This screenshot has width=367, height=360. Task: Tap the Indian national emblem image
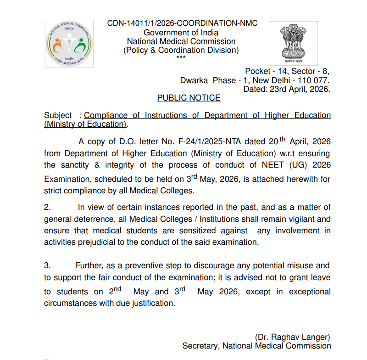pyautogui.click(x=292, y=42)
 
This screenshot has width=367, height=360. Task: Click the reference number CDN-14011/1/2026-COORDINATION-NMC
pyautogui.click(x=182, y=23)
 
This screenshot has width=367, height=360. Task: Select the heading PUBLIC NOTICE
pyautogui.click(x=189, y=98)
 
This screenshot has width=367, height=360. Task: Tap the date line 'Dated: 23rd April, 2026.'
pyautogui.click(x=286, y=89)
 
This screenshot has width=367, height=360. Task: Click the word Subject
pyautogui.click(x=58, y=115)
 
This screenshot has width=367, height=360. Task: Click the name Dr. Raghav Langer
pyautogui.click(x=292, y=337)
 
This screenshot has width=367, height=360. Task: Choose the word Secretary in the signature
pyautogui.click(x=200, y=346)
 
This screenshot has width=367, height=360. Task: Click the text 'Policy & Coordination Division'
pyautogui.click(x=181, y=50)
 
